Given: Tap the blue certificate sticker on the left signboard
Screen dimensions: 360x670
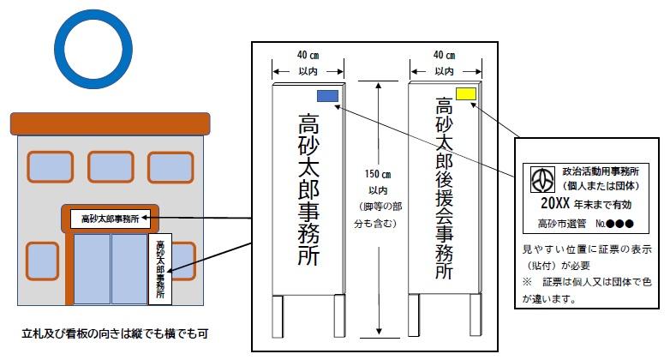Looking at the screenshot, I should (x=327, y=97).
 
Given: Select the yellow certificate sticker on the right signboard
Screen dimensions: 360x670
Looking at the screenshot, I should (x=467, y=93).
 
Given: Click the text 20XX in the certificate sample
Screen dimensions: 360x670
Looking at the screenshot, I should (x=556, y=206).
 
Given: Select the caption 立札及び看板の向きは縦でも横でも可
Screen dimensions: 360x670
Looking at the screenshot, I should (x=116, y=332).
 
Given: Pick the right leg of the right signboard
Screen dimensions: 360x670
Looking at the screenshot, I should (x=470, y=316).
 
